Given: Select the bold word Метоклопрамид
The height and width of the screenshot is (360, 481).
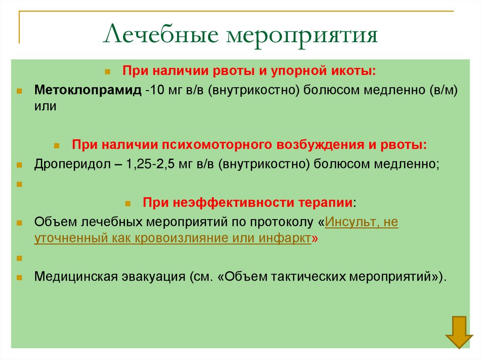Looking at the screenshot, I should pyautogui.click(x=87, y=90).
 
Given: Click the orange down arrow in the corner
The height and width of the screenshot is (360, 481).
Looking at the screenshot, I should pyautogui.click(x=459, y=331).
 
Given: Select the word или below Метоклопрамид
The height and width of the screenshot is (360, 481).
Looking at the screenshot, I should pyautogui.click(x=46, y=107).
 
